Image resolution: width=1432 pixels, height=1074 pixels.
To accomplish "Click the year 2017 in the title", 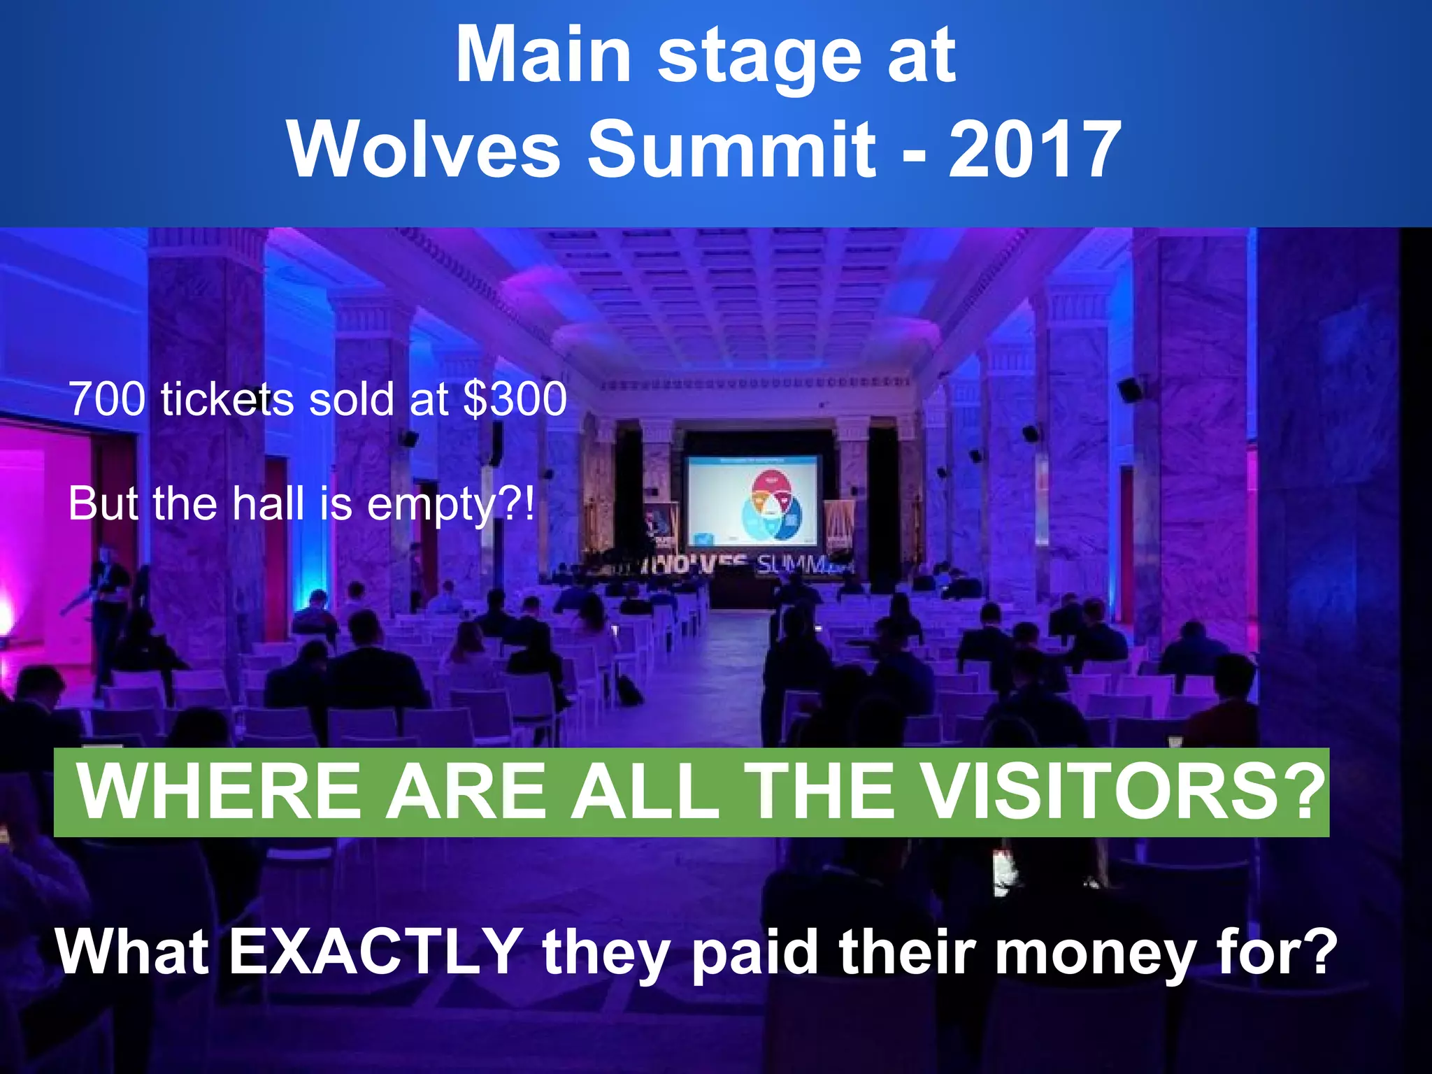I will [1034, 148].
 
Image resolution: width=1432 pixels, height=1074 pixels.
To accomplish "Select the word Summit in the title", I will [731, 148].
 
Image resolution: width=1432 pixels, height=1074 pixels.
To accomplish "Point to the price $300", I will [515, 399].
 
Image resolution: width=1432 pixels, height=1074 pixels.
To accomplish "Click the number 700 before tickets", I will [107, 399].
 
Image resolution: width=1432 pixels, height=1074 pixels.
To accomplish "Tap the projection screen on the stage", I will [752, 500].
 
